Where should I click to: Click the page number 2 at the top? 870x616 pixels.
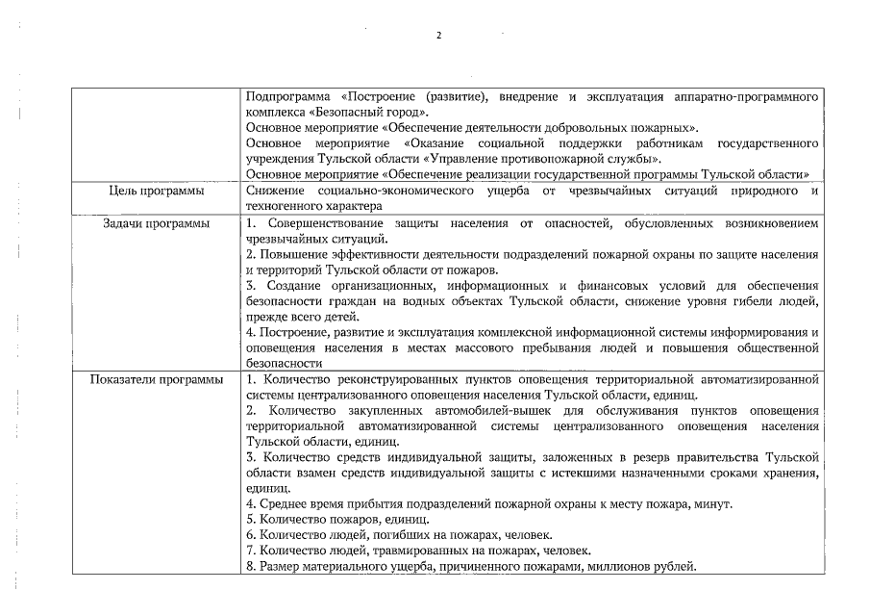[438, 36]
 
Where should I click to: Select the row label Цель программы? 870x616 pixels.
[155, 192]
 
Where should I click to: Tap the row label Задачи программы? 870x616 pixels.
[156, 223]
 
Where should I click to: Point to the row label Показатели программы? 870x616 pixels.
[156, 379]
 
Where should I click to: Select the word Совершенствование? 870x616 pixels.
[322, 223]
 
